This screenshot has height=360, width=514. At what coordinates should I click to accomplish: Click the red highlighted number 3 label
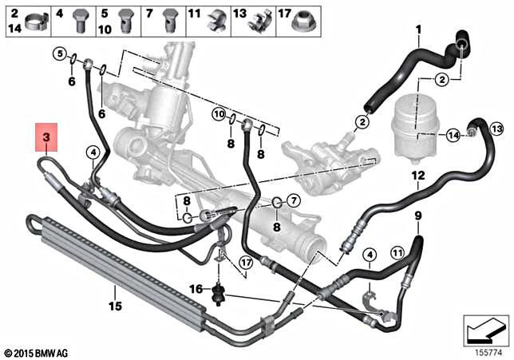point(46,138)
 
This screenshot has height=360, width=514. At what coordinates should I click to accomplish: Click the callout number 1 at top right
point(417,30)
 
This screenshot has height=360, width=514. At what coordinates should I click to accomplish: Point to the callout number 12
point(417,175)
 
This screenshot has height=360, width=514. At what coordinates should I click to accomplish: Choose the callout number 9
point(417,216)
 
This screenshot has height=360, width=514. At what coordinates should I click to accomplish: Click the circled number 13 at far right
point(496,129)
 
